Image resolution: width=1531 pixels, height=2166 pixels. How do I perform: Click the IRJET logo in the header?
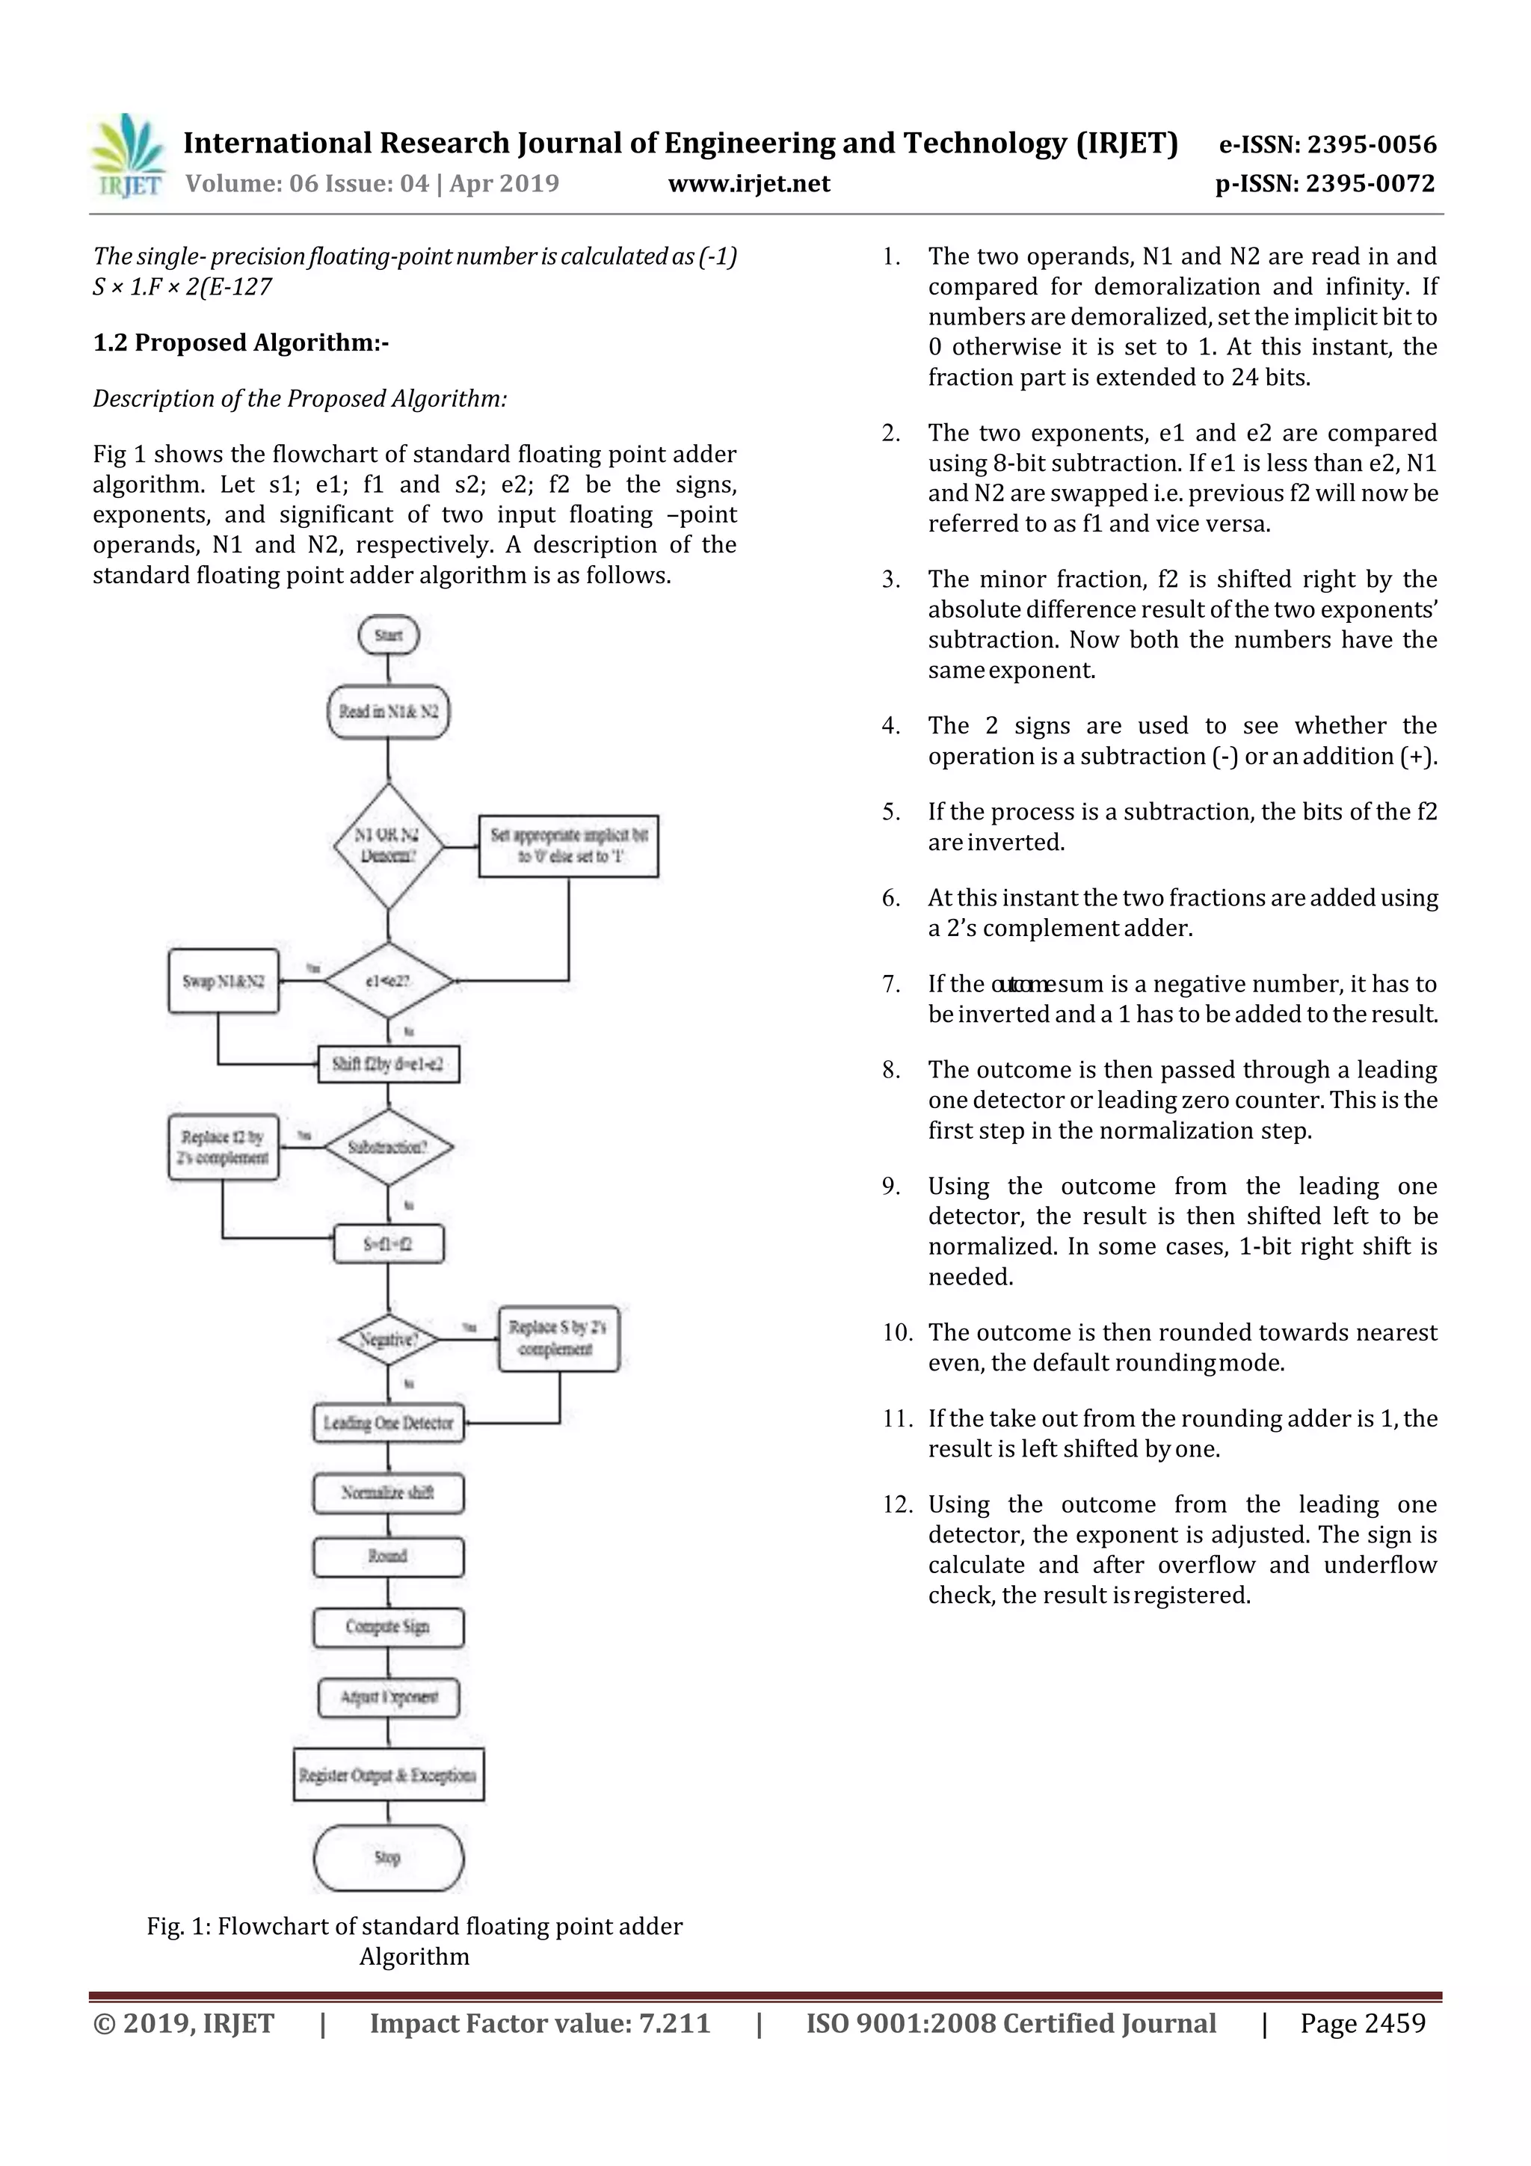[127, 156]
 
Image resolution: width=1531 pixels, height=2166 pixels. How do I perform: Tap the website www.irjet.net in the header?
[749, 184]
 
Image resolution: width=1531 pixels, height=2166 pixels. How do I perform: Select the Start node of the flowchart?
[389, 635]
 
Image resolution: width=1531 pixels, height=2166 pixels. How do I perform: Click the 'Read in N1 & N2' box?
[389, 711]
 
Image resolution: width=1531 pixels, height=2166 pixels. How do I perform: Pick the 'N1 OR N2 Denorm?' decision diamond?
[389, 846]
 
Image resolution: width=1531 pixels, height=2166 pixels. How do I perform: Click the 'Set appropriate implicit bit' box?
[568, 846]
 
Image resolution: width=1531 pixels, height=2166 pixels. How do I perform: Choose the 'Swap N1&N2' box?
[224, 981]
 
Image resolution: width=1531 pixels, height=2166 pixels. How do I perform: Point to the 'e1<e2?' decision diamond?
[389, 981]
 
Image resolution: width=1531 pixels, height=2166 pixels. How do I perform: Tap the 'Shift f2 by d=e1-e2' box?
[389, 1064]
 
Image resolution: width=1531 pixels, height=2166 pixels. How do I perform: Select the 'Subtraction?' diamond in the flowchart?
[389, 1147]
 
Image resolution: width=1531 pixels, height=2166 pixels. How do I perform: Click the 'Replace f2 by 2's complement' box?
[224, 1147]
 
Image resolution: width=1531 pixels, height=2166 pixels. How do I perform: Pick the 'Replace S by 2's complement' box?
[558, 1338]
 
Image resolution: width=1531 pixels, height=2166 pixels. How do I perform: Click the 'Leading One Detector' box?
[389, 1423]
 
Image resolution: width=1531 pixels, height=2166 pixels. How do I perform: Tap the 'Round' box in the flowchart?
[389, 1556]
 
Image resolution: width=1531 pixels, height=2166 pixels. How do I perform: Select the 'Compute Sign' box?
[389, 1626]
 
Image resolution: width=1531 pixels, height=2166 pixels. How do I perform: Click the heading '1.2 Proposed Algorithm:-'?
[241, 342]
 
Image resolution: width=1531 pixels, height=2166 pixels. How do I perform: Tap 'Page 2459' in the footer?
[1362, 2023]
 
